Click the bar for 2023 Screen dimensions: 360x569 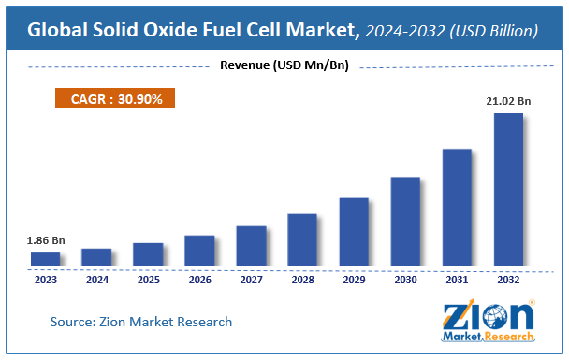[x=45, y=258]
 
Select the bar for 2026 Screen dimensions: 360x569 [x=199, y=250]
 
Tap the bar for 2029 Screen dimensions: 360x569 [x=354, y=231]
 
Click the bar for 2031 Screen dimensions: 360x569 [x=457, y=207]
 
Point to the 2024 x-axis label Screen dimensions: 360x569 [x=96, y=279]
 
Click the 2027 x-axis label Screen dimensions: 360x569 [x=251, y=279]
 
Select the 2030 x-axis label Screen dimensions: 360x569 [x=405, y=279]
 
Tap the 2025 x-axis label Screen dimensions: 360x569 [x=148, y=279]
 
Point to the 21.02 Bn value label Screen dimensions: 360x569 [x=508, y=101]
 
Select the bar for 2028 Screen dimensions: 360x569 [x=302, y=239]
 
